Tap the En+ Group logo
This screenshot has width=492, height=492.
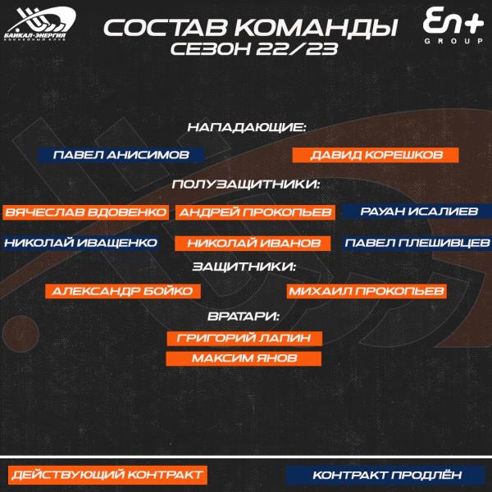447,25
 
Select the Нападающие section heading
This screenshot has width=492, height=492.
246,128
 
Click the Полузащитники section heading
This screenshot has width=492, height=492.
246,184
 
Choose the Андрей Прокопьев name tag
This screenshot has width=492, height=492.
254,212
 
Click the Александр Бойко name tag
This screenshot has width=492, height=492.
121,290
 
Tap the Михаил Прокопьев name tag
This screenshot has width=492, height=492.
366,290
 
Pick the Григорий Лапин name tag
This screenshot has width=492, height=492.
244,338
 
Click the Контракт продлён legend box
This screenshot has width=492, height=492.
387,475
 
